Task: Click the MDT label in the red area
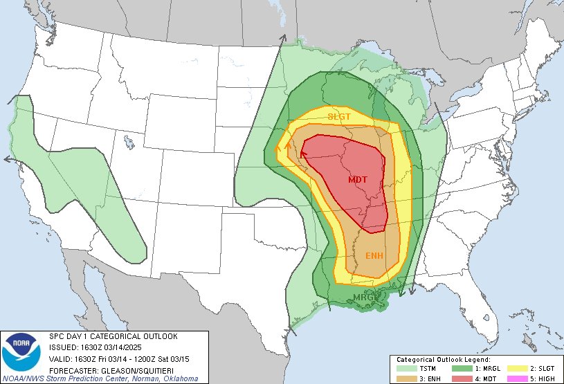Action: click(x=358, y=180)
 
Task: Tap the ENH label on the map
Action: click(x=375, y=256)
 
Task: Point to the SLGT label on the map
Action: click(x=340, y=116)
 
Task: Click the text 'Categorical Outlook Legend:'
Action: click(x=443, y=360)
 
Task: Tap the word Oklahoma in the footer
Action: click(x=181, y=378)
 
